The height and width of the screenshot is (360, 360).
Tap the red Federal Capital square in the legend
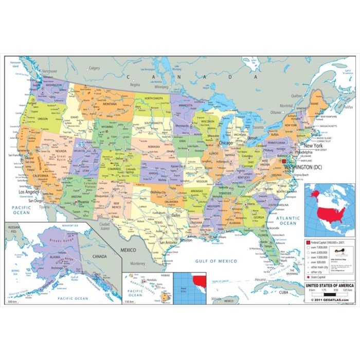click(308, 242)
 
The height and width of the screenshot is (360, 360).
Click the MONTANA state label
click(109, 103)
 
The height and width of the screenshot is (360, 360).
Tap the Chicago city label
click(225, 143)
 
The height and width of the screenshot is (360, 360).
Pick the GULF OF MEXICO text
click(216, 261)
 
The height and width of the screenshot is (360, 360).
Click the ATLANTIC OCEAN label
click(288, 221)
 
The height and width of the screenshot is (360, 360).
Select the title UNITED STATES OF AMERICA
click(330, 285)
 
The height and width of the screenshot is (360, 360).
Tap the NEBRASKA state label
click(154, 147)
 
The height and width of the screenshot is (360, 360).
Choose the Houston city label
click(186, 240)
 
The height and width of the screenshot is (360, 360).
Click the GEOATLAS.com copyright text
click(330, 300)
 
